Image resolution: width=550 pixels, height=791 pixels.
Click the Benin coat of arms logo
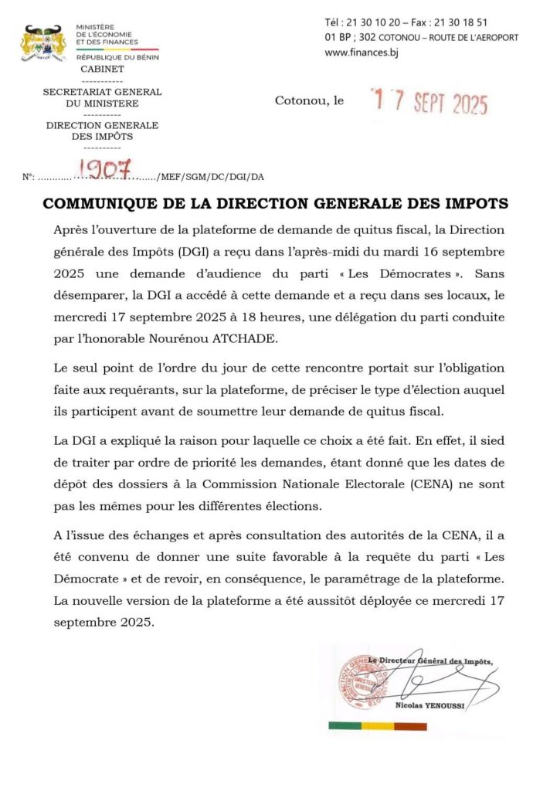43,43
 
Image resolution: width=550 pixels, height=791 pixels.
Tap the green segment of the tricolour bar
345,726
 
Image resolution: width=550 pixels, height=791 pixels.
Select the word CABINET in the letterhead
102,69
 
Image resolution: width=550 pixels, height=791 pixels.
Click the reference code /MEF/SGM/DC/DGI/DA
210,177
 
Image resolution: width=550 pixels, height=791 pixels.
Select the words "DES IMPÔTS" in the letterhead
102,136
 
